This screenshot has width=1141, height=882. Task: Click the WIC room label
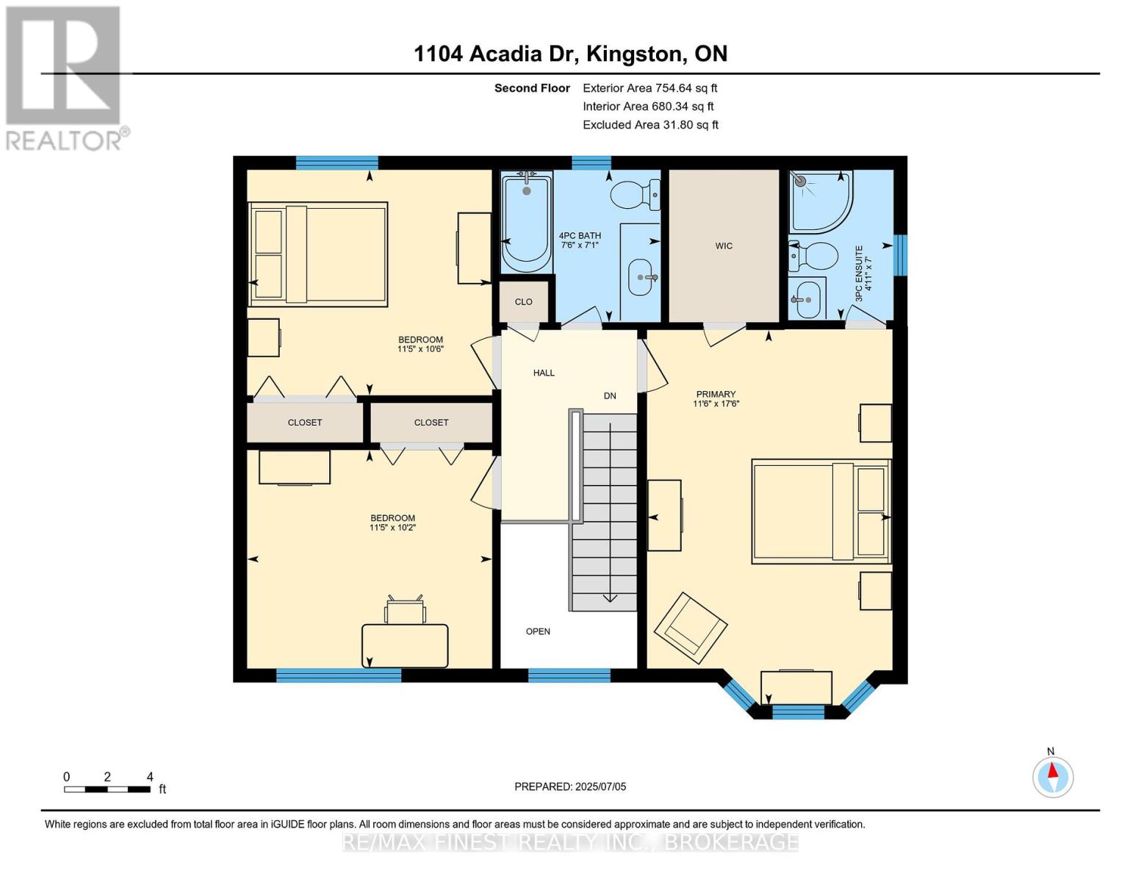pyautogui.click(x=724, y=245)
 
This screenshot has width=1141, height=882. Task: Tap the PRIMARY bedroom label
pyautogui.click(x=716, y=395)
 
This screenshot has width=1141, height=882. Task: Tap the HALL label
pyautogui.click(x=544, y=373)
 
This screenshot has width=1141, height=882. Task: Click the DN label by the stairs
pyautogui.click(x=610, y=395)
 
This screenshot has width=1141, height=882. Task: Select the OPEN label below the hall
pyautogui.click(x=538, y=631)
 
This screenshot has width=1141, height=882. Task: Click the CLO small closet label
pyautogui.click(x=523, y=301)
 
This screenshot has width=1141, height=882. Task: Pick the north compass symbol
pyautogui.click(x=1053, y=776)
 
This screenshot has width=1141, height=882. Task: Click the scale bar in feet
pyautogui.click(x=107, y=789)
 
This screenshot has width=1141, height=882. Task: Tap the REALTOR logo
pyautogui.click(x=64, y=77)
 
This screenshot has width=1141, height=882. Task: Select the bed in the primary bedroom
pyautogui.click(x=821, y=512)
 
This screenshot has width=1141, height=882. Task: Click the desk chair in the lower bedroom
pyautogui.click(x=405, y=610)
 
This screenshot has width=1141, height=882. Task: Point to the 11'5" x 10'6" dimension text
pyautogui.click(x=420, y=349)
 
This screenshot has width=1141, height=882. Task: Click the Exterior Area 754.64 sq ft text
pyautogui.click(x=649, y=88)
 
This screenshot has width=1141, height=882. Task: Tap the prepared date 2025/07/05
pyautogui.click(x=570, y=786)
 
